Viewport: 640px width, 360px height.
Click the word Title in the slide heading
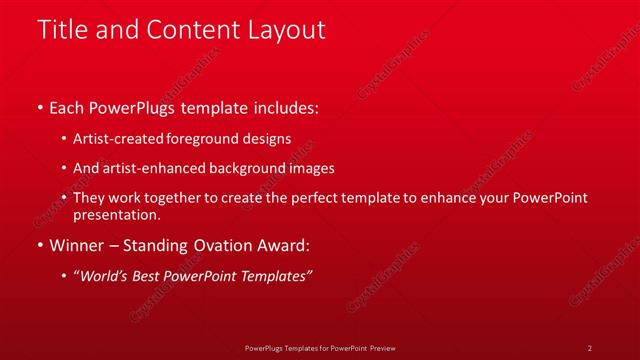pos(62,30)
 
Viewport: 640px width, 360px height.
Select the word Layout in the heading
pos(283,30)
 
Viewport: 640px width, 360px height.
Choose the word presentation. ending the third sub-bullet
pos(116,214)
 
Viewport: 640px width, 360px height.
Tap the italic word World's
pos(107,276)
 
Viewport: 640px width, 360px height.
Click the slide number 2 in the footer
pos(590,347)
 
